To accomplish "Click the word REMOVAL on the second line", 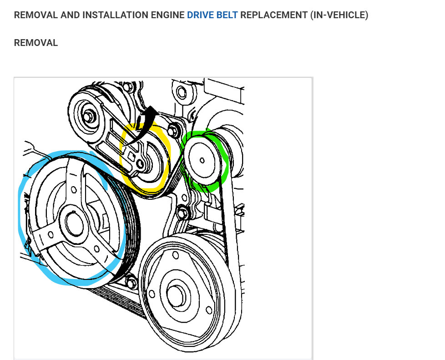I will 36,43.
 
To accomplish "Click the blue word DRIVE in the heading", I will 199,15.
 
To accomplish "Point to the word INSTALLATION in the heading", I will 113,15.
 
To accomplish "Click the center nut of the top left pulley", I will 89,116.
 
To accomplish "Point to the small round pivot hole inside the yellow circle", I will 141,162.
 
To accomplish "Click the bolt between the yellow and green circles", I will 172,129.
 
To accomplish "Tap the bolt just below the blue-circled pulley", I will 131,283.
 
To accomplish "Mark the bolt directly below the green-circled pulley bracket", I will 183,212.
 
